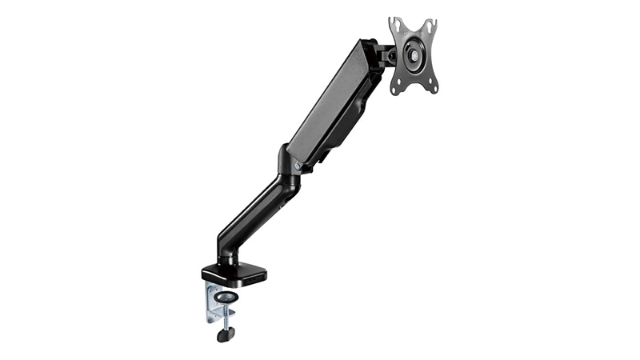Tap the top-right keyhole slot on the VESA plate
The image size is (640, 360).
point(434,25)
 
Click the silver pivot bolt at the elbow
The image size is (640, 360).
point(297,166)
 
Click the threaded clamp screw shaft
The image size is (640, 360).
point(226,316)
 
